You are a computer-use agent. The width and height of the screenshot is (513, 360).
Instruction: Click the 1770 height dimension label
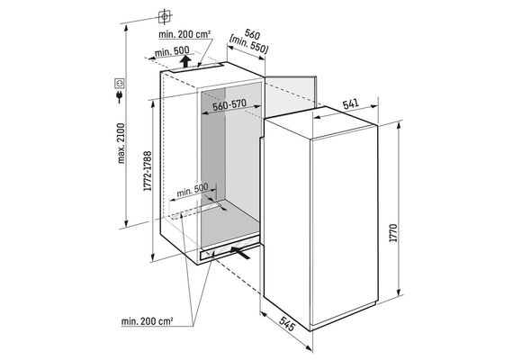393,233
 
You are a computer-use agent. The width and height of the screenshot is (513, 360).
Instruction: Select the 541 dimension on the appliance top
351,104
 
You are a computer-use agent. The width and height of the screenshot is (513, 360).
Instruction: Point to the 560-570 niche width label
229,105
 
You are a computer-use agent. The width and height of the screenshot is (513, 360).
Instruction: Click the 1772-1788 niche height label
148,171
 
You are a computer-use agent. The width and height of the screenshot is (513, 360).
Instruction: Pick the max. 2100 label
121,143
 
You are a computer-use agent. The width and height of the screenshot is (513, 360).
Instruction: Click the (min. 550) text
248,45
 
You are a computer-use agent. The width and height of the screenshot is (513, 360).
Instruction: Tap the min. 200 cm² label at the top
184,34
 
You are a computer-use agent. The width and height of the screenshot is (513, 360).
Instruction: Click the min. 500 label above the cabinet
172,51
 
